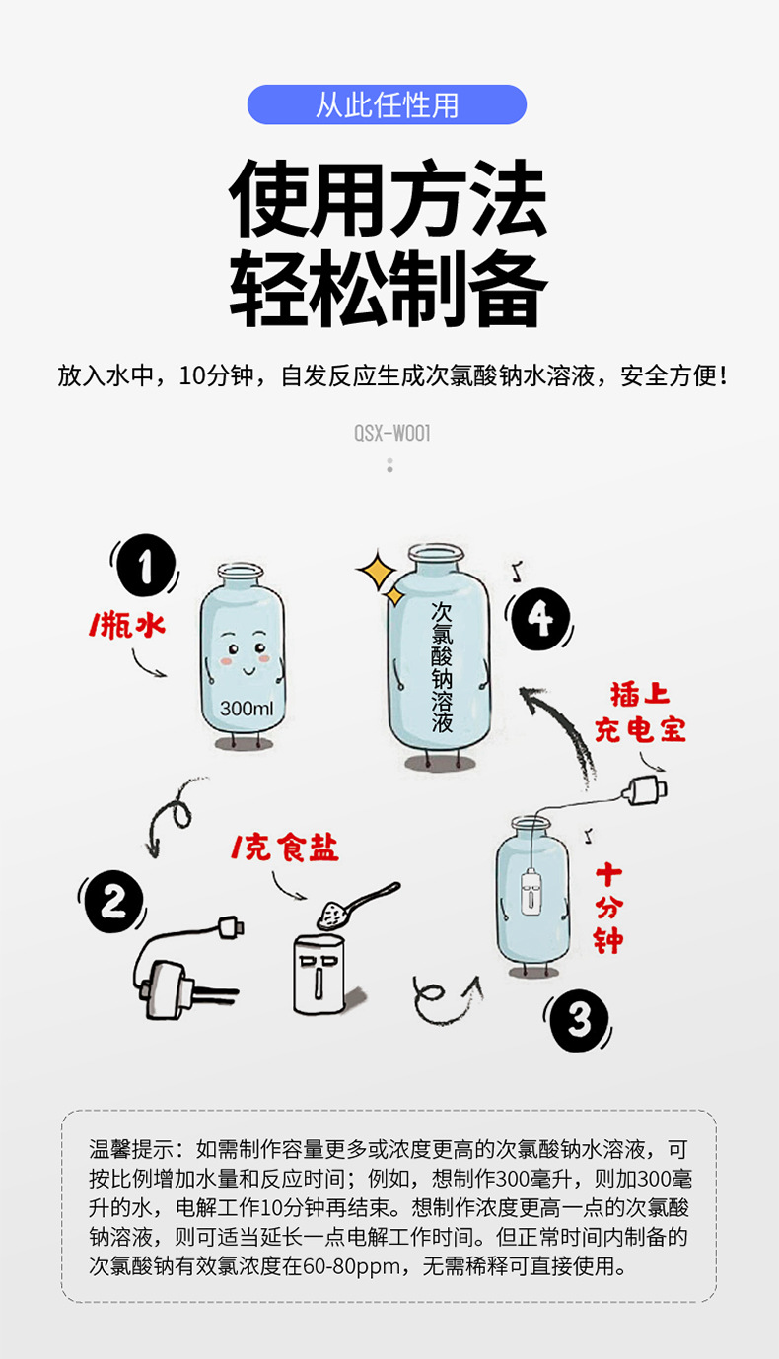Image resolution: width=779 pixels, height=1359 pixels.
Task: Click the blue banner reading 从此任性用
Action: coord(387,105)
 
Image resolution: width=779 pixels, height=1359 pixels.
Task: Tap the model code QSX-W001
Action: coord(392,434)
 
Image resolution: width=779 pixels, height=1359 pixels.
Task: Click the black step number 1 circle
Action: coord(145,566)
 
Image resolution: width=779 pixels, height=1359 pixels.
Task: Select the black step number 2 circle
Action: coord(113,902)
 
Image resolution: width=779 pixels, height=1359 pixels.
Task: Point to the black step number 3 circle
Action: coord(579,1020)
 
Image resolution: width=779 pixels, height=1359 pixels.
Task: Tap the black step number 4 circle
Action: coord(539,619)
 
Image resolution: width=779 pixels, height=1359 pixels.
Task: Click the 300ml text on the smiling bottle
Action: coord(247,708)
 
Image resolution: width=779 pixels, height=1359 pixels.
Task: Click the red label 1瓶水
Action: coord(127,625)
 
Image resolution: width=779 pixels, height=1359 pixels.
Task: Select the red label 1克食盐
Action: coord(284,848)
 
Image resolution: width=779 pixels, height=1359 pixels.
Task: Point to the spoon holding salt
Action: coord(357,905)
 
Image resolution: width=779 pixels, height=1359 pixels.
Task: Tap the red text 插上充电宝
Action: coord(640,713)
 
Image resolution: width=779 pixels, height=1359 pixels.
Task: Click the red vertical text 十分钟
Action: coord(608,909)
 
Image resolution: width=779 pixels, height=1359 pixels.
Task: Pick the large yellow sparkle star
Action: coord(377,570)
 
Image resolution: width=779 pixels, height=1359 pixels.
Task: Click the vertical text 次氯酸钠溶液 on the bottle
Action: coord(442,667)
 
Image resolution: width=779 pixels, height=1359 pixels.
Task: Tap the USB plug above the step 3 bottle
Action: coord(644,790)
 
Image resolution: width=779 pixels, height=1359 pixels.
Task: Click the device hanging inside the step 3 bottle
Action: coord(531,892)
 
